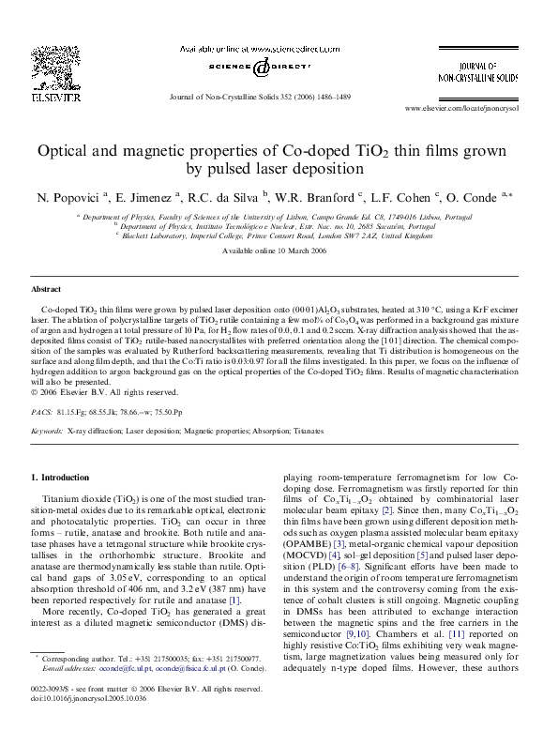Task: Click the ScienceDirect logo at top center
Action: coord(265,64)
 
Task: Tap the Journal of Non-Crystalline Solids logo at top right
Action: coord(486,70)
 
